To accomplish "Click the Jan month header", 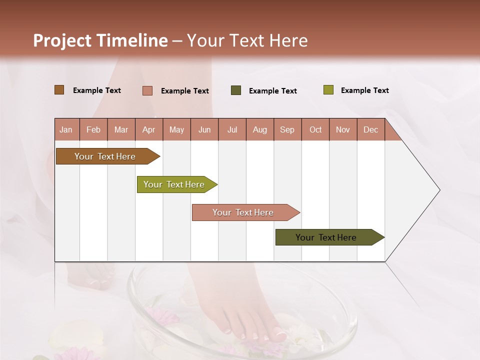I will pyautogui.click(x=66, y=129).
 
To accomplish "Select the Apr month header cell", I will pyautogui.click(x=149, y=129).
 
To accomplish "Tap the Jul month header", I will pyautogui.click(x=232, y=129).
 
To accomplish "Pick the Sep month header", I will pyautogui.click(x=287, y=129).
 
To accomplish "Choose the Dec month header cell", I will pyautogui.click(x=370, y=129).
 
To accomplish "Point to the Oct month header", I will pyautogui.click(x=315, y=129).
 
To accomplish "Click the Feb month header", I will pyautogui.click(x=93, y=129).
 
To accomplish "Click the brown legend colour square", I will pyautogui.click(x=59, y=90).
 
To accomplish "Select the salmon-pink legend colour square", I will pyautogui.click(x=147, y=90).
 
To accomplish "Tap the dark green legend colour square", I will pyautogui.click(x=236, y=90).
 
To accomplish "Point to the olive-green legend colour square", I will pyautogui.click(x=328, y=90).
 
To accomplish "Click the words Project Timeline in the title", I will pyautogui.click(x=100, y=40).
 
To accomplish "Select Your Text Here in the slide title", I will pyautogui.click(x=247, y=40).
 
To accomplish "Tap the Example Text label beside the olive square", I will pyautogui.click(x=364, y=90).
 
